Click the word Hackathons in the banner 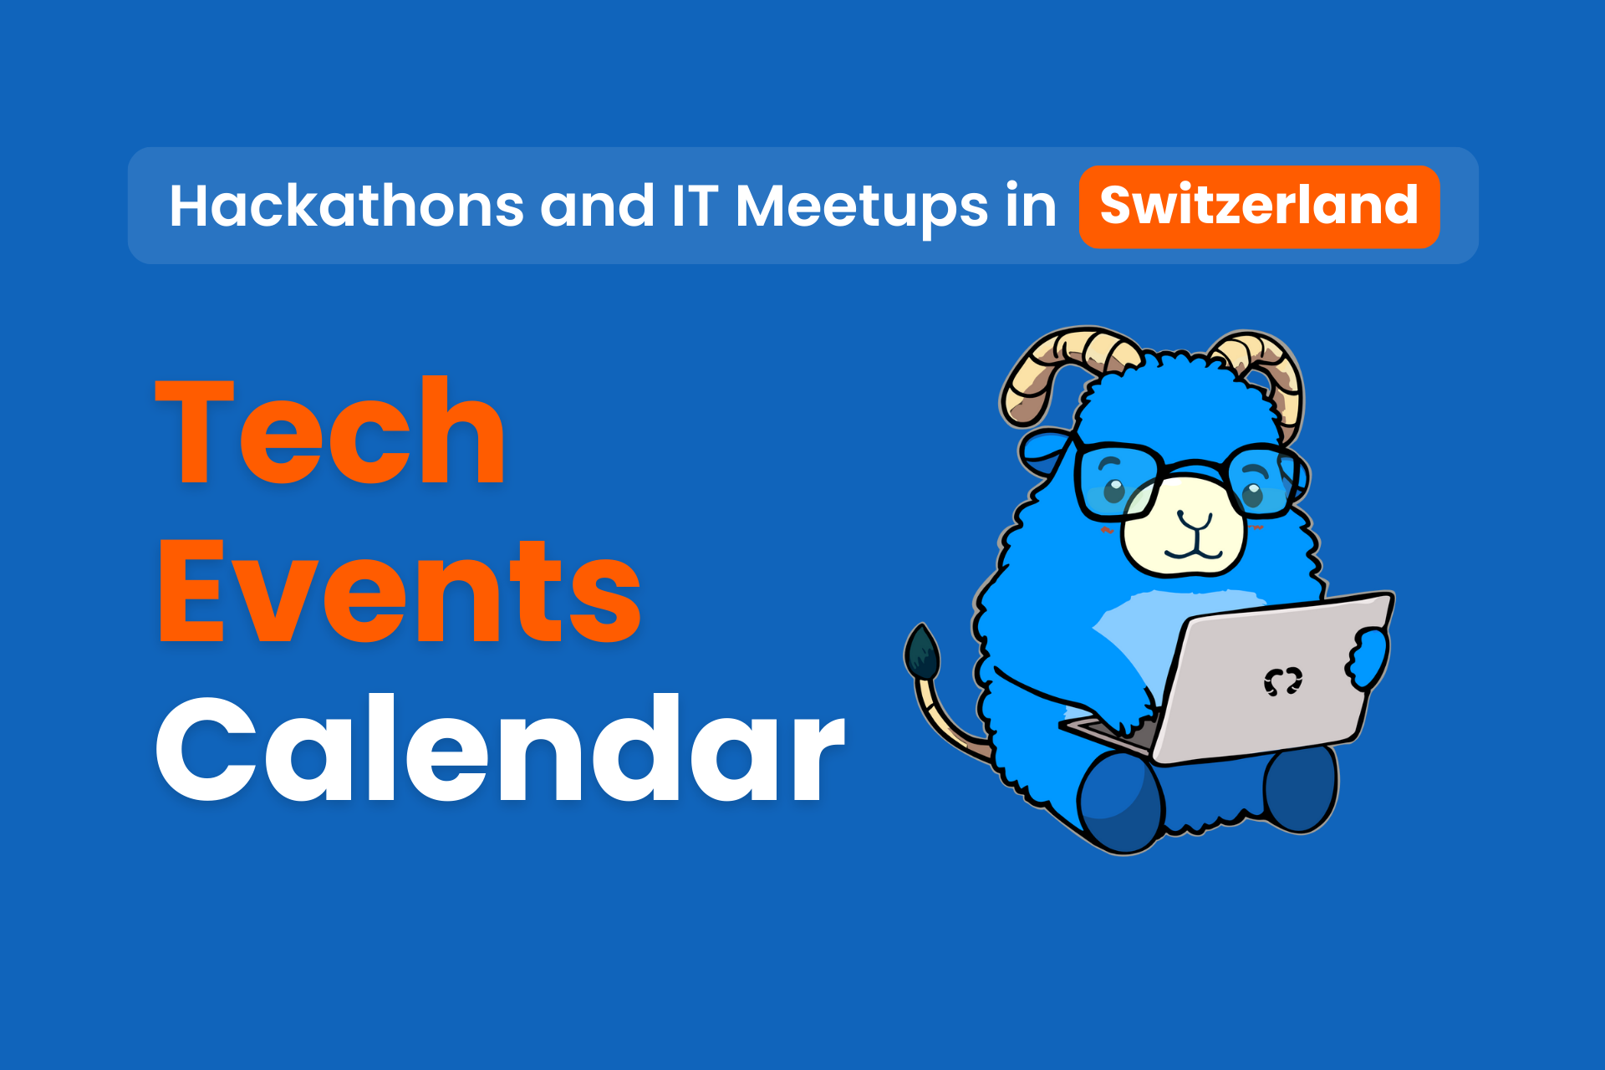(x=346, y=206)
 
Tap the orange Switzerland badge (x=1259, y=206)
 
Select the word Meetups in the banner (x=862, y=207)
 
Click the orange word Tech (x=331, y=431)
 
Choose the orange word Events (x=400, y=591)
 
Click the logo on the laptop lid (x=1282, y=681)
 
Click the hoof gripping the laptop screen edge (x=1369, y=657)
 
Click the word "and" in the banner (x=597, y=206)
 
